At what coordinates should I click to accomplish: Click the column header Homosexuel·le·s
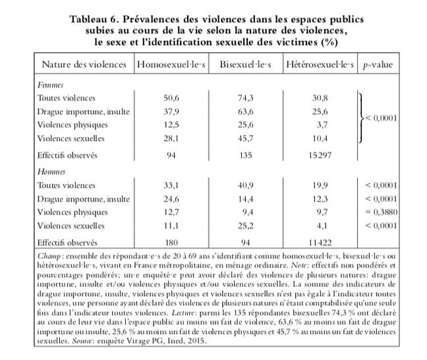pos(171,65)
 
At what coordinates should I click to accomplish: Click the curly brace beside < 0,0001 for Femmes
pos(360,118)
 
